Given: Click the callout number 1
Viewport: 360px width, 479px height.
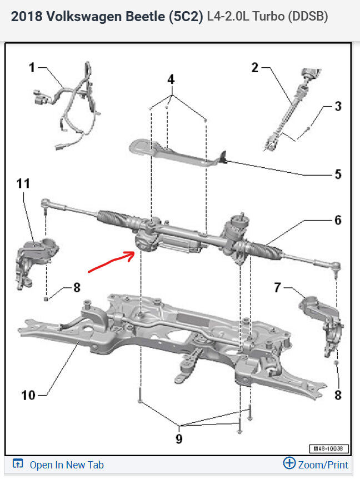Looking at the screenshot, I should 32,68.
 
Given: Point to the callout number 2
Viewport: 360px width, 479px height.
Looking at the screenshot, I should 255,68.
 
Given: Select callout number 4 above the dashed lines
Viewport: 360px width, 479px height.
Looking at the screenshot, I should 171,79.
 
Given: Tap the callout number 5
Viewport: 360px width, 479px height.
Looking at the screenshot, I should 337,174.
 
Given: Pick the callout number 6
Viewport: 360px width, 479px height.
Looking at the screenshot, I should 337,220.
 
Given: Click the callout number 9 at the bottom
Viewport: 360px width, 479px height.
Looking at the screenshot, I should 179,439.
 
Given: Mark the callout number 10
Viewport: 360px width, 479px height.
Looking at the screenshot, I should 28,395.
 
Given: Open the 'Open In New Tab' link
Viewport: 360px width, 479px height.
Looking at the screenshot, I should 66,465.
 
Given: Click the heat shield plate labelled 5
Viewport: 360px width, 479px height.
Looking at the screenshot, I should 172,152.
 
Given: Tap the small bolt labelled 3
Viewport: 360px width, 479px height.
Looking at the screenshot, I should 308,128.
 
